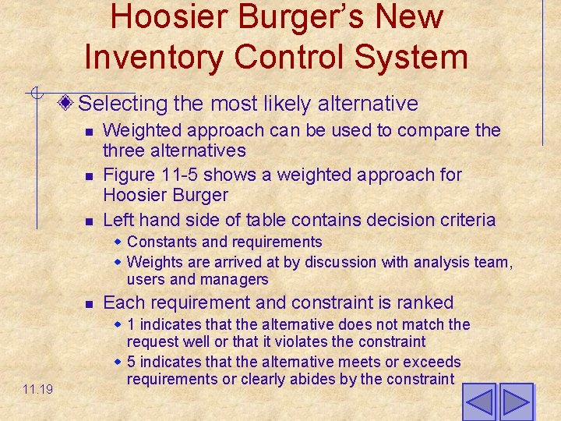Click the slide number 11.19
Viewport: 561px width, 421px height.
[x=37, y=388]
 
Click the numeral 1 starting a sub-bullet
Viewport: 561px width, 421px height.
[x=131, y=324]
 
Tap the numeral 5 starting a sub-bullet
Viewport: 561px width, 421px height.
[x=131, y=362]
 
